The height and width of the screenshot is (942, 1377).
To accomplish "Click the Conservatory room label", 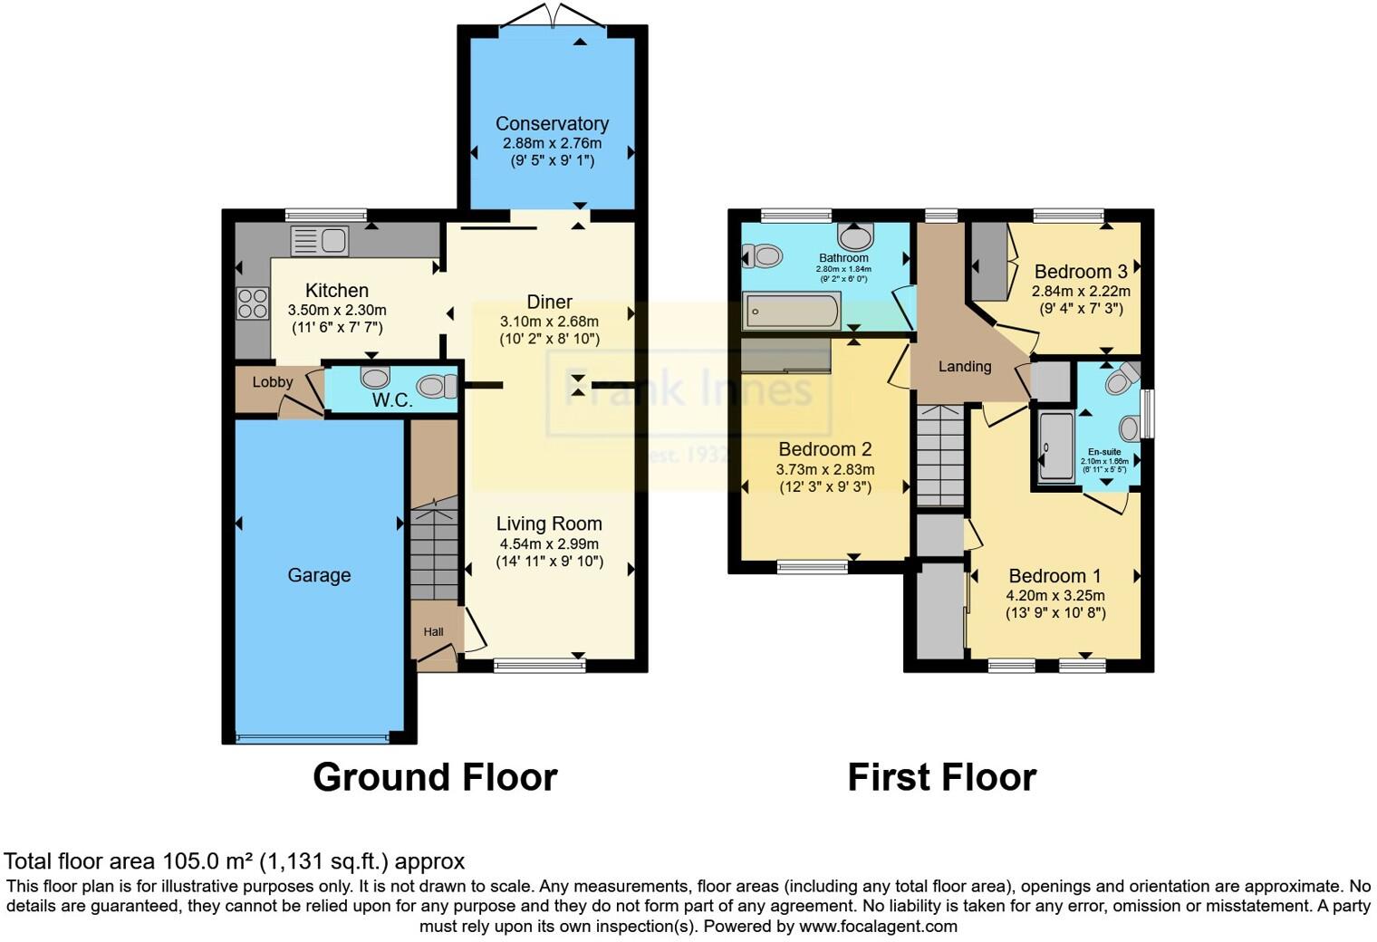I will (x=552, y=124).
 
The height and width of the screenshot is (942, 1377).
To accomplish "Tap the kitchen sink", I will (x=319, y=241).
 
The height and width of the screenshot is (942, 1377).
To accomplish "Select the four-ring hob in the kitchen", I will (x=253, y=303).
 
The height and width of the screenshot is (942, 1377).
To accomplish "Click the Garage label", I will (x=319, y=575).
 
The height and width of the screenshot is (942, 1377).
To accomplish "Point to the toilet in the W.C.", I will (x=438, y=387).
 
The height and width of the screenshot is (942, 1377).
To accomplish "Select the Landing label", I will (x=964, y=367).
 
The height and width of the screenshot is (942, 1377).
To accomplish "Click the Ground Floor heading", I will (x=435, y=777).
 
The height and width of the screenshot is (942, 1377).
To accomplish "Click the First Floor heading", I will (x=941, y=777).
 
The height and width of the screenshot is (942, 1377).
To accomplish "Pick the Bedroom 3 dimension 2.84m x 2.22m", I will (x=1081, y=291).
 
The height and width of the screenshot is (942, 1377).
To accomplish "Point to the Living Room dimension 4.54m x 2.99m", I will (x=549, y=544).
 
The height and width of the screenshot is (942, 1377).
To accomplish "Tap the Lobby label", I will (x=273, y=382).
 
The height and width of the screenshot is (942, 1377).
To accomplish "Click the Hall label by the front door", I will (x=434, y=632).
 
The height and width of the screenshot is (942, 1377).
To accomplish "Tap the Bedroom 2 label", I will (x=824, y=449).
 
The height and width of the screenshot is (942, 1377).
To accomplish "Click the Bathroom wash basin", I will (x=855, y=237).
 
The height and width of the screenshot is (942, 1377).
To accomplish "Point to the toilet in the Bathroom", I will (x=763, y=256).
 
